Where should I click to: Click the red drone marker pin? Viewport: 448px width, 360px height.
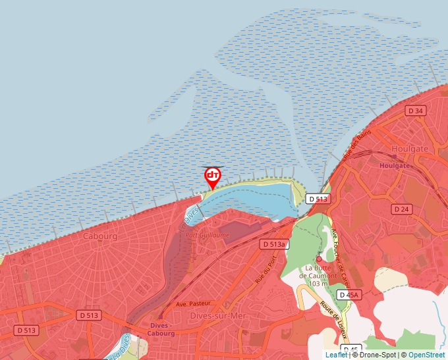pos(213,176)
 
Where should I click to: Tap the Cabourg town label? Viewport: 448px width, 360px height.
pos(100,236)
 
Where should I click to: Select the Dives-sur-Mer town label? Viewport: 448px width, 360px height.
pos(217,316)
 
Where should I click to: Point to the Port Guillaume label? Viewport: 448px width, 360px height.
pos(208,235)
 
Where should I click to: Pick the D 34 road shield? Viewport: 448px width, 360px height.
pos(416,111)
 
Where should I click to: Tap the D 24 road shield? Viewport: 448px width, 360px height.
pos(401,209)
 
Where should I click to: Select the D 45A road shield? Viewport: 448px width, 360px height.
pos(349,295)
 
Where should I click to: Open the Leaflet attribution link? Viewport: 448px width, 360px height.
pos(337,355)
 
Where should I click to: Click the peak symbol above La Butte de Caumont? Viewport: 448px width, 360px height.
pos(319,258)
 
